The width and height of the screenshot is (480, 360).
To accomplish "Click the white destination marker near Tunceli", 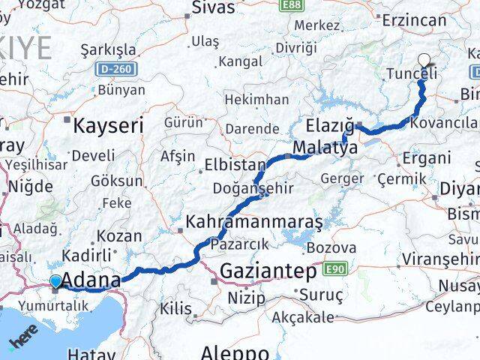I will (x=424, y=61).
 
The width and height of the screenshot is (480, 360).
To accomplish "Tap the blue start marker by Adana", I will (x=55, y=281).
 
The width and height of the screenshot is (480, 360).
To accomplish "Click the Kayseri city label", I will (x=108, y=126).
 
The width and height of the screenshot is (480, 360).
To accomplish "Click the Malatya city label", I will (x=325, y=148).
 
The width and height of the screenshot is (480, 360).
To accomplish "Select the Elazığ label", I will (x=329, y=124).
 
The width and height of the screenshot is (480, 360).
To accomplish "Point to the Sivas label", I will (x=214, y=8).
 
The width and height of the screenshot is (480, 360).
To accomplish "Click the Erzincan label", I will (x=413, y=20).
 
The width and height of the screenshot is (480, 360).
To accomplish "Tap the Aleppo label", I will (x=235, y=352).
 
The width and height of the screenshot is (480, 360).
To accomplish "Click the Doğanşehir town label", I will (x=253, y=188).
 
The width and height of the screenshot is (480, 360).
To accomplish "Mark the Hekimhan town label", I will (x=256, y=100).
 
